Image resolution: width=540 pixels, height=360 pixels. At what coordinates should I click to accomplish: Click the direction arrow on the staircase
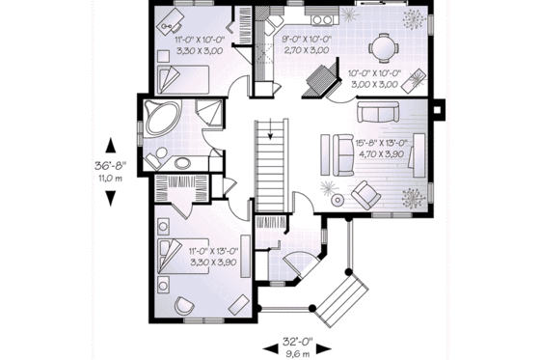coord(273,132)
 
